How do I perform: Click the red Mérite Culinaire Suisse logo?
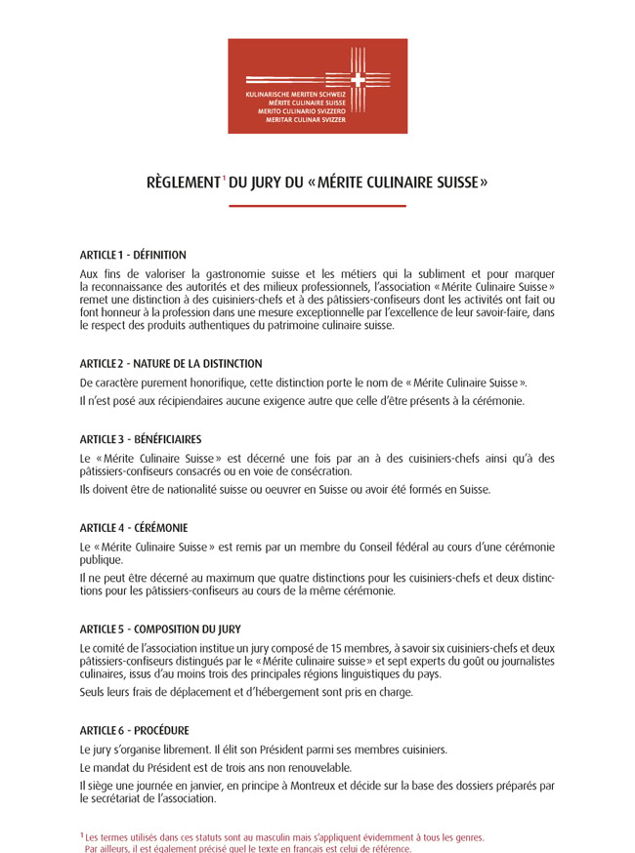pos(317,86)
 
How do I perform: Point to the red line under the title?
pos(317,206)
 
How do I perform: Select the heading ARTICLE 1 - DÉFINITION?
pos(133,255)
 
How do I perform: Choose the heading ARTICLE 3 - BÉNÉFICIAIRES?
pos(141,439)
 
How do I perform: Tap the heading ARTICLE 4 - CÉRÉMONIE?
pos(134,528)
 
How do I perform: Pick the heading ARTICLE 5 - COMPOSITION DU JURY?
pos(160,630)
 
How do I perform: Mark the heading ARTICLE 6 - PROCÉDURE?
pos(135,730)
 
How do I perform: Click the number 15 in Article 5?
pos(316,648)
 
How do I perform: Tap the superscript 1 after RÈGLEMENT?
pos(224,177)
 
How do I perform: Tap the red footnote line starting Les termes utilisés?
pos(283,837)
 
